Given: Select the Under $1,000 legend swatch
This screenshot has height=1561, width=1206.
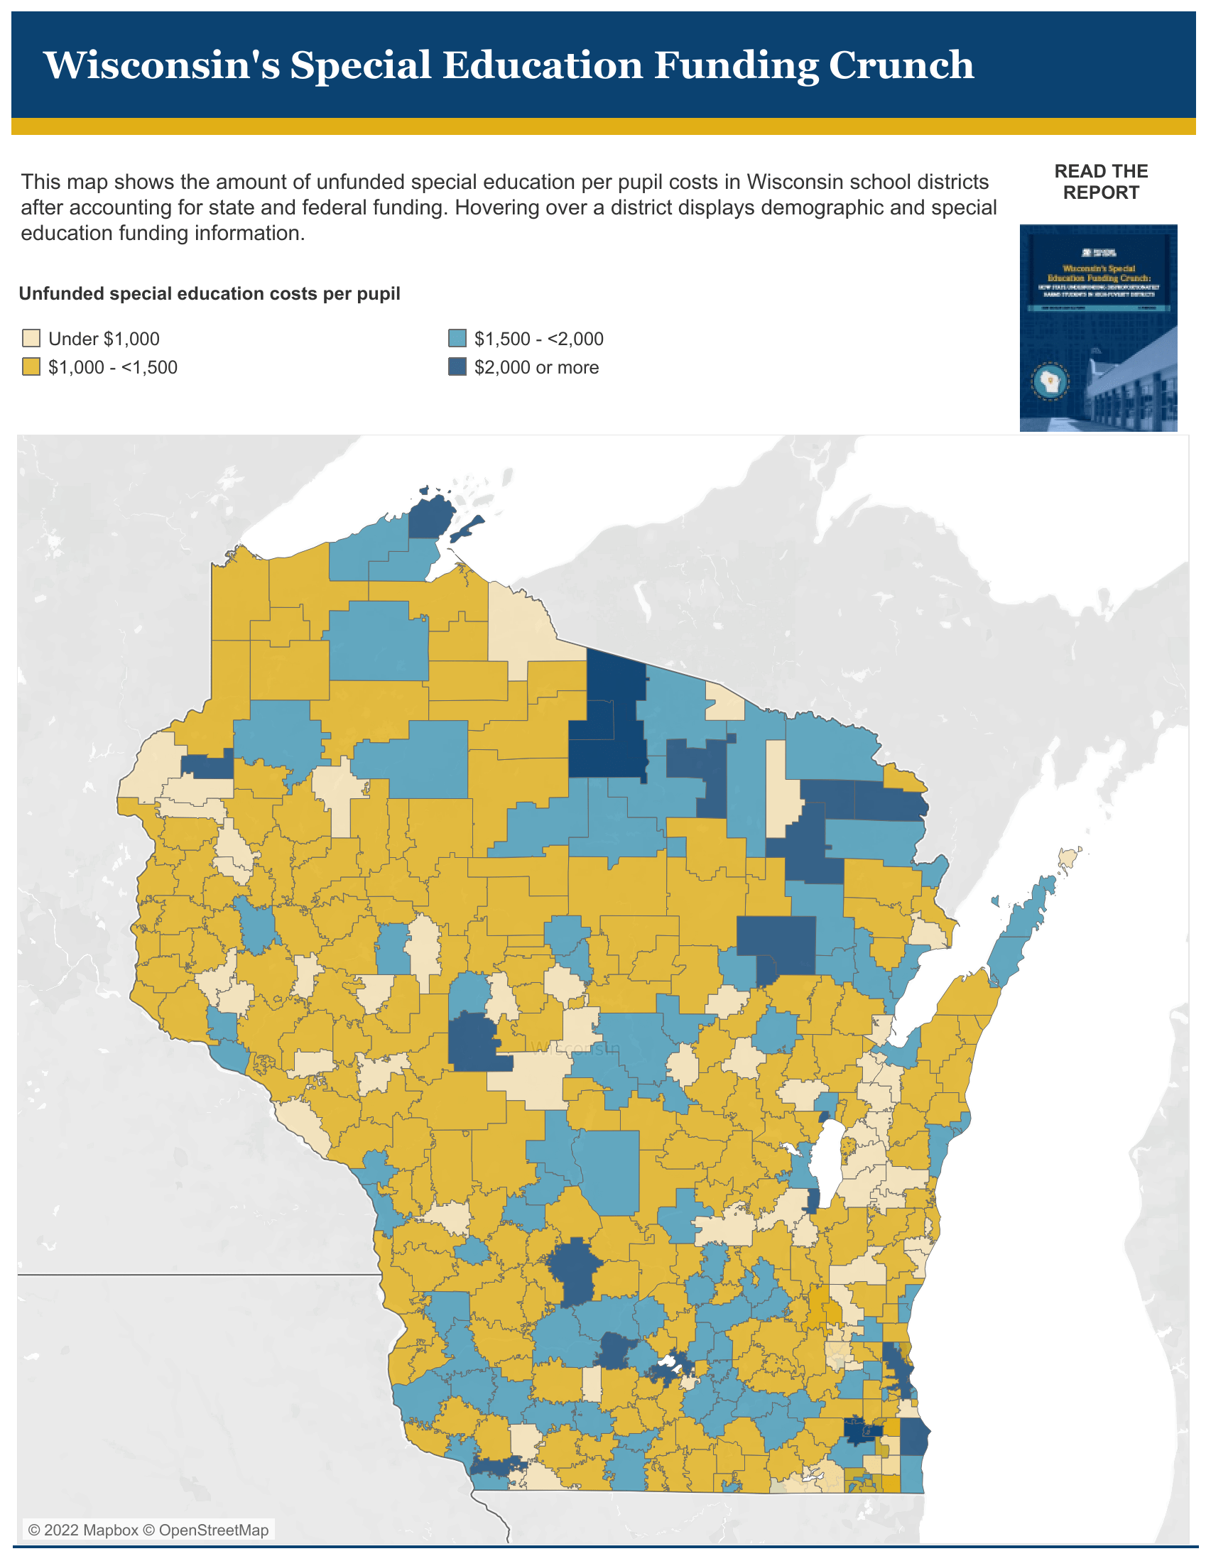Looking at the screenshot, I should (31, 338).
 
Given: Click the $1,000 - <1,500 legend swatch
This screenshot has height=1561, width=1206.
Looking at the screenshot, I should (31, 367).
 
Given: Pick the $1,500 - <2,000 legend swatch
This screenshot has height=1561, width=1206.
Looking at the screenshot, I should (457, 338).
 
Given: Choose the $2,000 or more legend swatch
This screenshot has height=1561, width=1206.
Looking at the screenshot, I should (457, 367).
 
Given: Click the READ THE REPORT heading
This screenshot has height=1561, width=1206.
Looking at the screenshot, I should (1100, 182).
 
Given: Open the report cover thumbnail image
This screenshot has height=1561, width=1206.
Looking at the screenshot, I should (1097, 327).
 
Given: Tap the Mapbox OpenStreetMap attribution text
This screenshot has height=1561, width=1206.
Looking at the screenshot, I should (148, 1530).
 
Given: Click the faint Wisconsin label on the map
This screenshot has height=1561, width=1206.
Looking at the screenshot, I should (575, 1048).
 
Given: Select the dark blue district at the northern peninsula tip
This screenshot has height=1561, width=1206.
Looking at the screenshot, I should (432, 516).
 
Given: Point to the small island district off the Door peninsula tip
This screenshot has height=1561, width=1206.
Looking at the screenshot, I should (1068, 856).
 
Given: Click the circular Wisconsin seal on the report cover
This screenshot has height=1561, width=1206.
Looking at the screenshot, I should (1050, 381).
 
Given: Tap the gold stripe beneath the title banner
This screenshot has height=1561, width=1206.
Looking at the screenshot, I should (602, 126).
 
